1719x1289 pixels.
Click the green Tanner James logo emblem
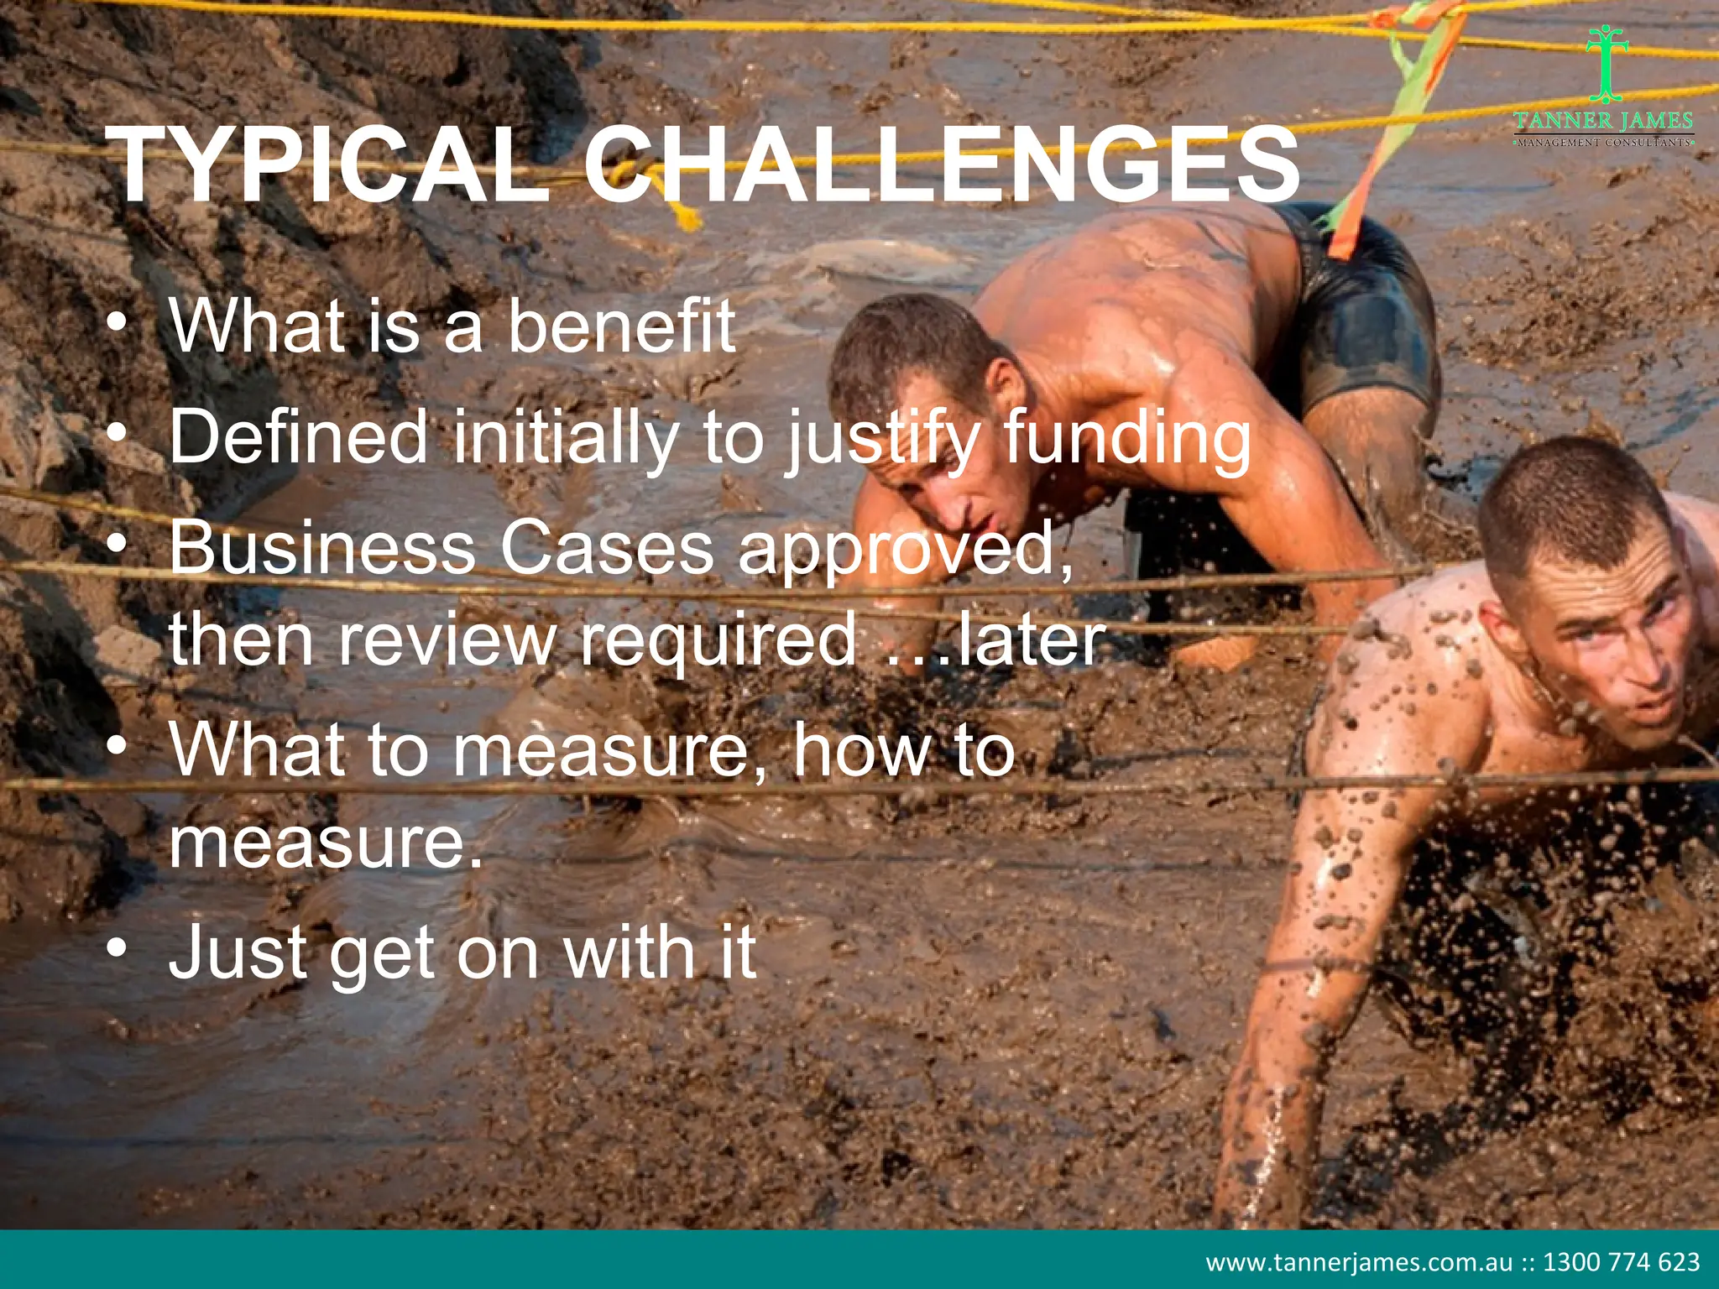(x=1606, y=64)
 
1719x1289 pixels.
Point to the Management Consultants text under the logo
(x=1604, y=143)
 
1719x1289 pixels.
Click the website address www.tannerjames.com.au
(x=1359, y=1262)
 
